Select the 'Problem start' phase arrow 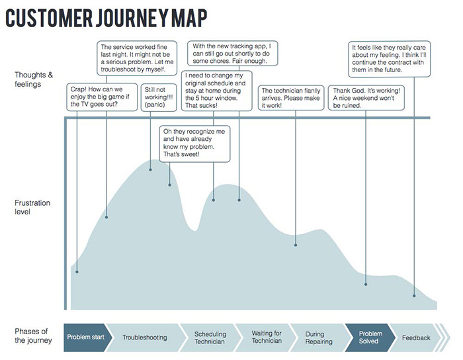coord(85,337)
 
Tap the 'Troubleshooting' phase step coord(144,337)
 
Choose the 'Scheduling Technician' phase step coord(210,337)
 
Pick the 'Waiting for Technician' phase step coord(267,337)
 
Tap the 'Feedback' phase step coord(416,337)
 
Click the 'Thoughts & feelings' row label coord(31,79)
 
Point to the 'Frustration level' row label coord(32,207)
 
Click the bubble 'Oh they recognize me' coord(195,144)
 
